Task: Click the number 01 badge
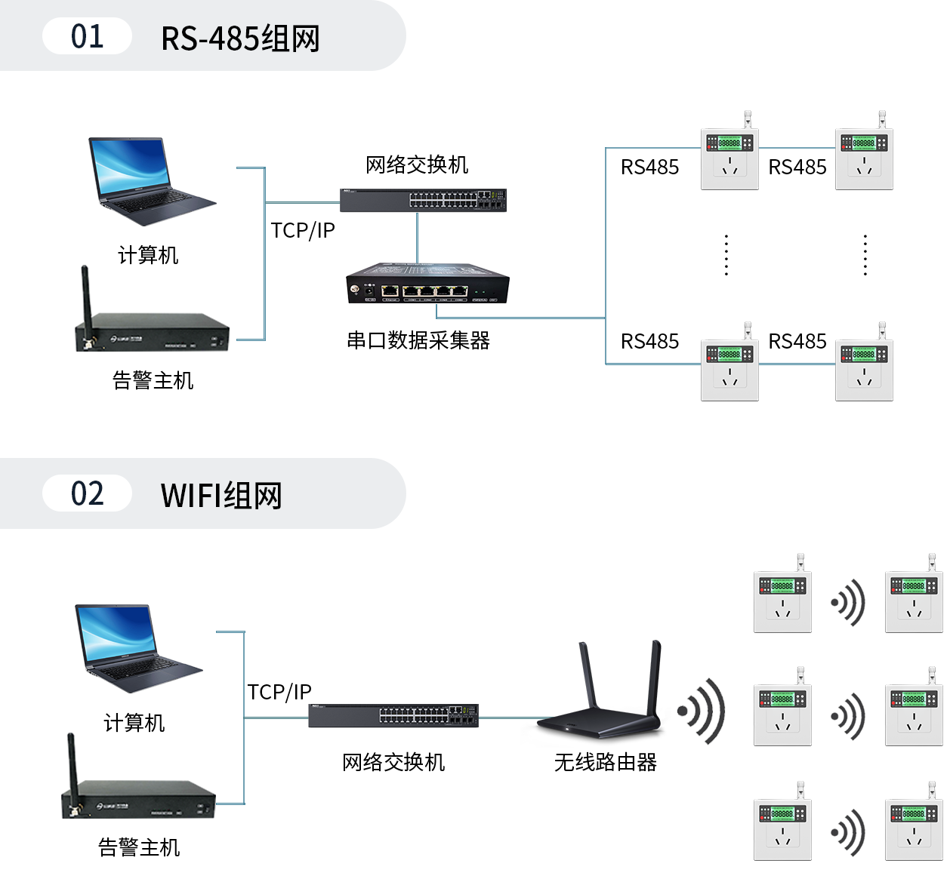point(87,36)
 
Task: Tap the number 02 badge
point(87,494)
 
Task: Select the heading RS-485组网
point(240,38)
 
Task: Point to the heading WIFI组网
point(221,496)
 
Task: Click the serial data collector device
point(427,284)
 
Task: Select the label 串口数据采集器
point(418,341)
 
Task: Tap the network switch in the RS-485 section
point(423,200)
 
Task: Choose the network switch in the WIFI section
point(393,716)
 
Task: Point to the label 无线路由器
point(606,763)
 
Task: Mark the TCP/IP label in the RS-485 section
point(303,231)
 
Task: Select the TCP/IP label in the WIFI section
point(279,693)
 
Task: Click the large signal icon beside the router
point(702,711)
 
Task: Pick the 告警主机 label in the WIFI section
point(139,848)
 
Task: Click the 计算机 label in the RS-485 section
point(148,256)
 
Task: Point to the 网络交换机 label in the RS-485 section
point(417,164)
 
